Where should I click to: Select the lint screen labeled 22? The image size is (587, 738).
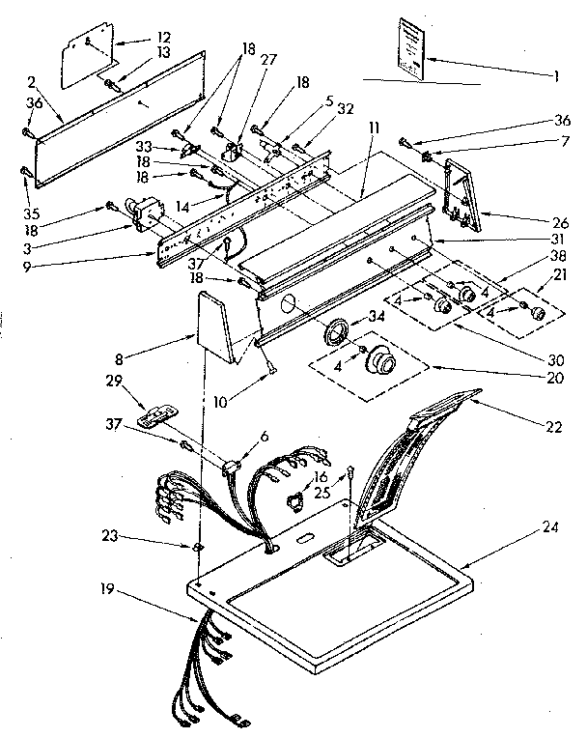405,454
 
